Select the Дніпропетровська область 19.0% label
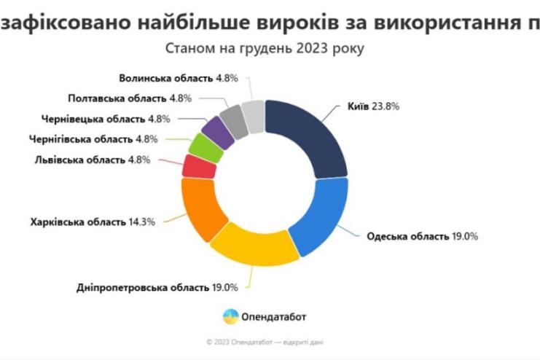(x=157, y=286)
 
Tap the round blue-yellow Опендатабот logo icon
(x=230, y=316)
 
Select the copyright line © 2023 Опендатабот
(x=265, y=340)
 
